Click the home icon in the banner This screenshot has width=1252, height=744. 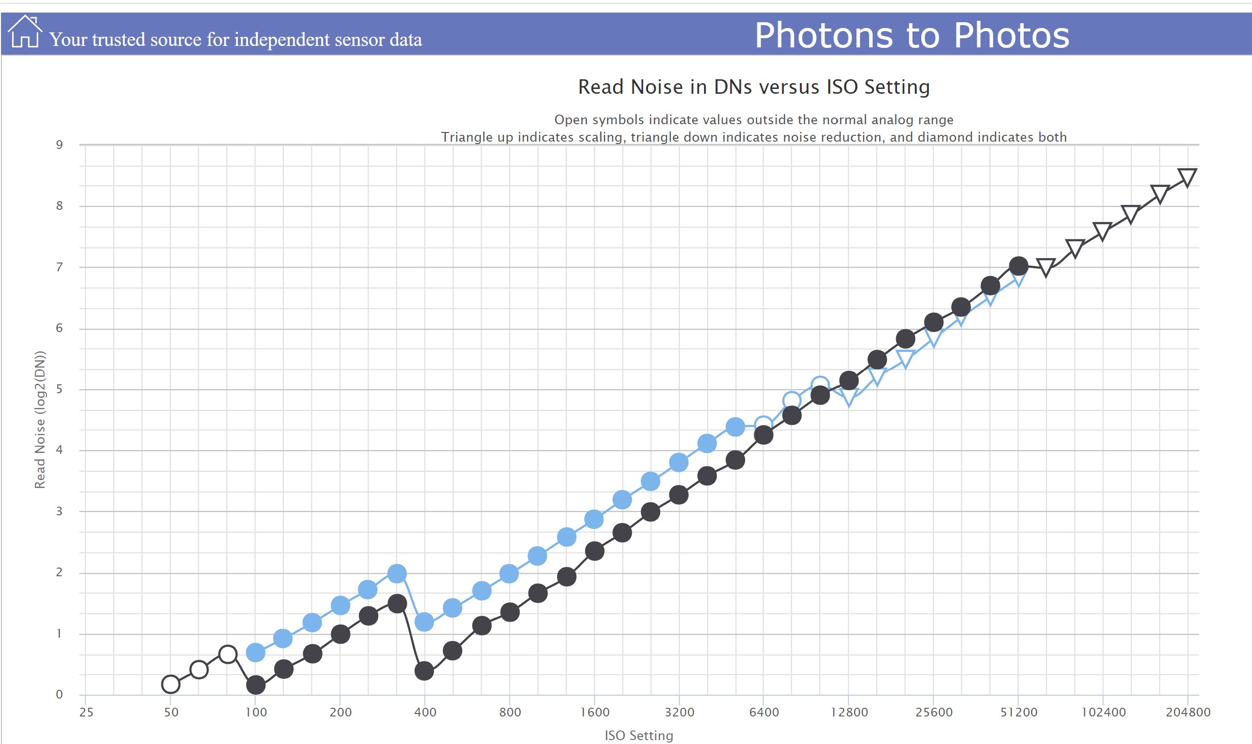coord(25,32)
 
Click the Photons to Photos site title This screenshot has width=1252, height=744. coord(912,35)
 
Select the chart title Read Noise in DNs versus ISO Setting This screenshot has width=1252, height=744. coord(753,87)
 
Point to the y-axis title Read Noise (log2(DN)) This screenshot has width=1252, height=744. coord(40,419)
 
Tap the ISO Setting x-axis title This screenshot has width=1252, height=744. coord(638,735)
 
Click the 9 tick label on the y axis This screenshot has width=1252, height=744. coord(59,145)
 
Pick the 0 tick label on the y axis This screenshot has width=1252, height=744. coord(59,694)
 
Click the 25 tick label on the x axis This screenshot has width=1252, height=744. coord(86,712)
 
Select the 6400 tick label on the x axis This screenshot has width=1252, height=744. coord(764,712)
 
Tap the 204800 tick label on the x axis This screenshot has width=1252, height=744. coord(1188,712)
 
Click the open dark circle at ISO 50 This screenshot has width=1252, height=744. coord(171,684)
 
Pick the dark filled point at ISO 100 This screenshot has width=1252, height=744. coord(256,685)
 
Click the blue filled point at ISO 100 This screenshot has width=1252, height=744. coord(256,652)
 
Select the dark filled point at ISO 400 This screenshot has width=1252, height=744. coord(424,671)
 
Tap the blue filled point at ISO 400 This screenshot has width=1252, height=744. coord(424,622)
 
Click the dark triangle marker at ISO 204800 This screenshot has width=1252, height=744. coord(1187,177)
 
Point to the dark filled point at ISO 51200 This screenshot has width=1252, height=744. coord(1018,266)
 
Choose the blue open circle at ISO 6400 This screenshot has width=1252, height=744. coord(763,424)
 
